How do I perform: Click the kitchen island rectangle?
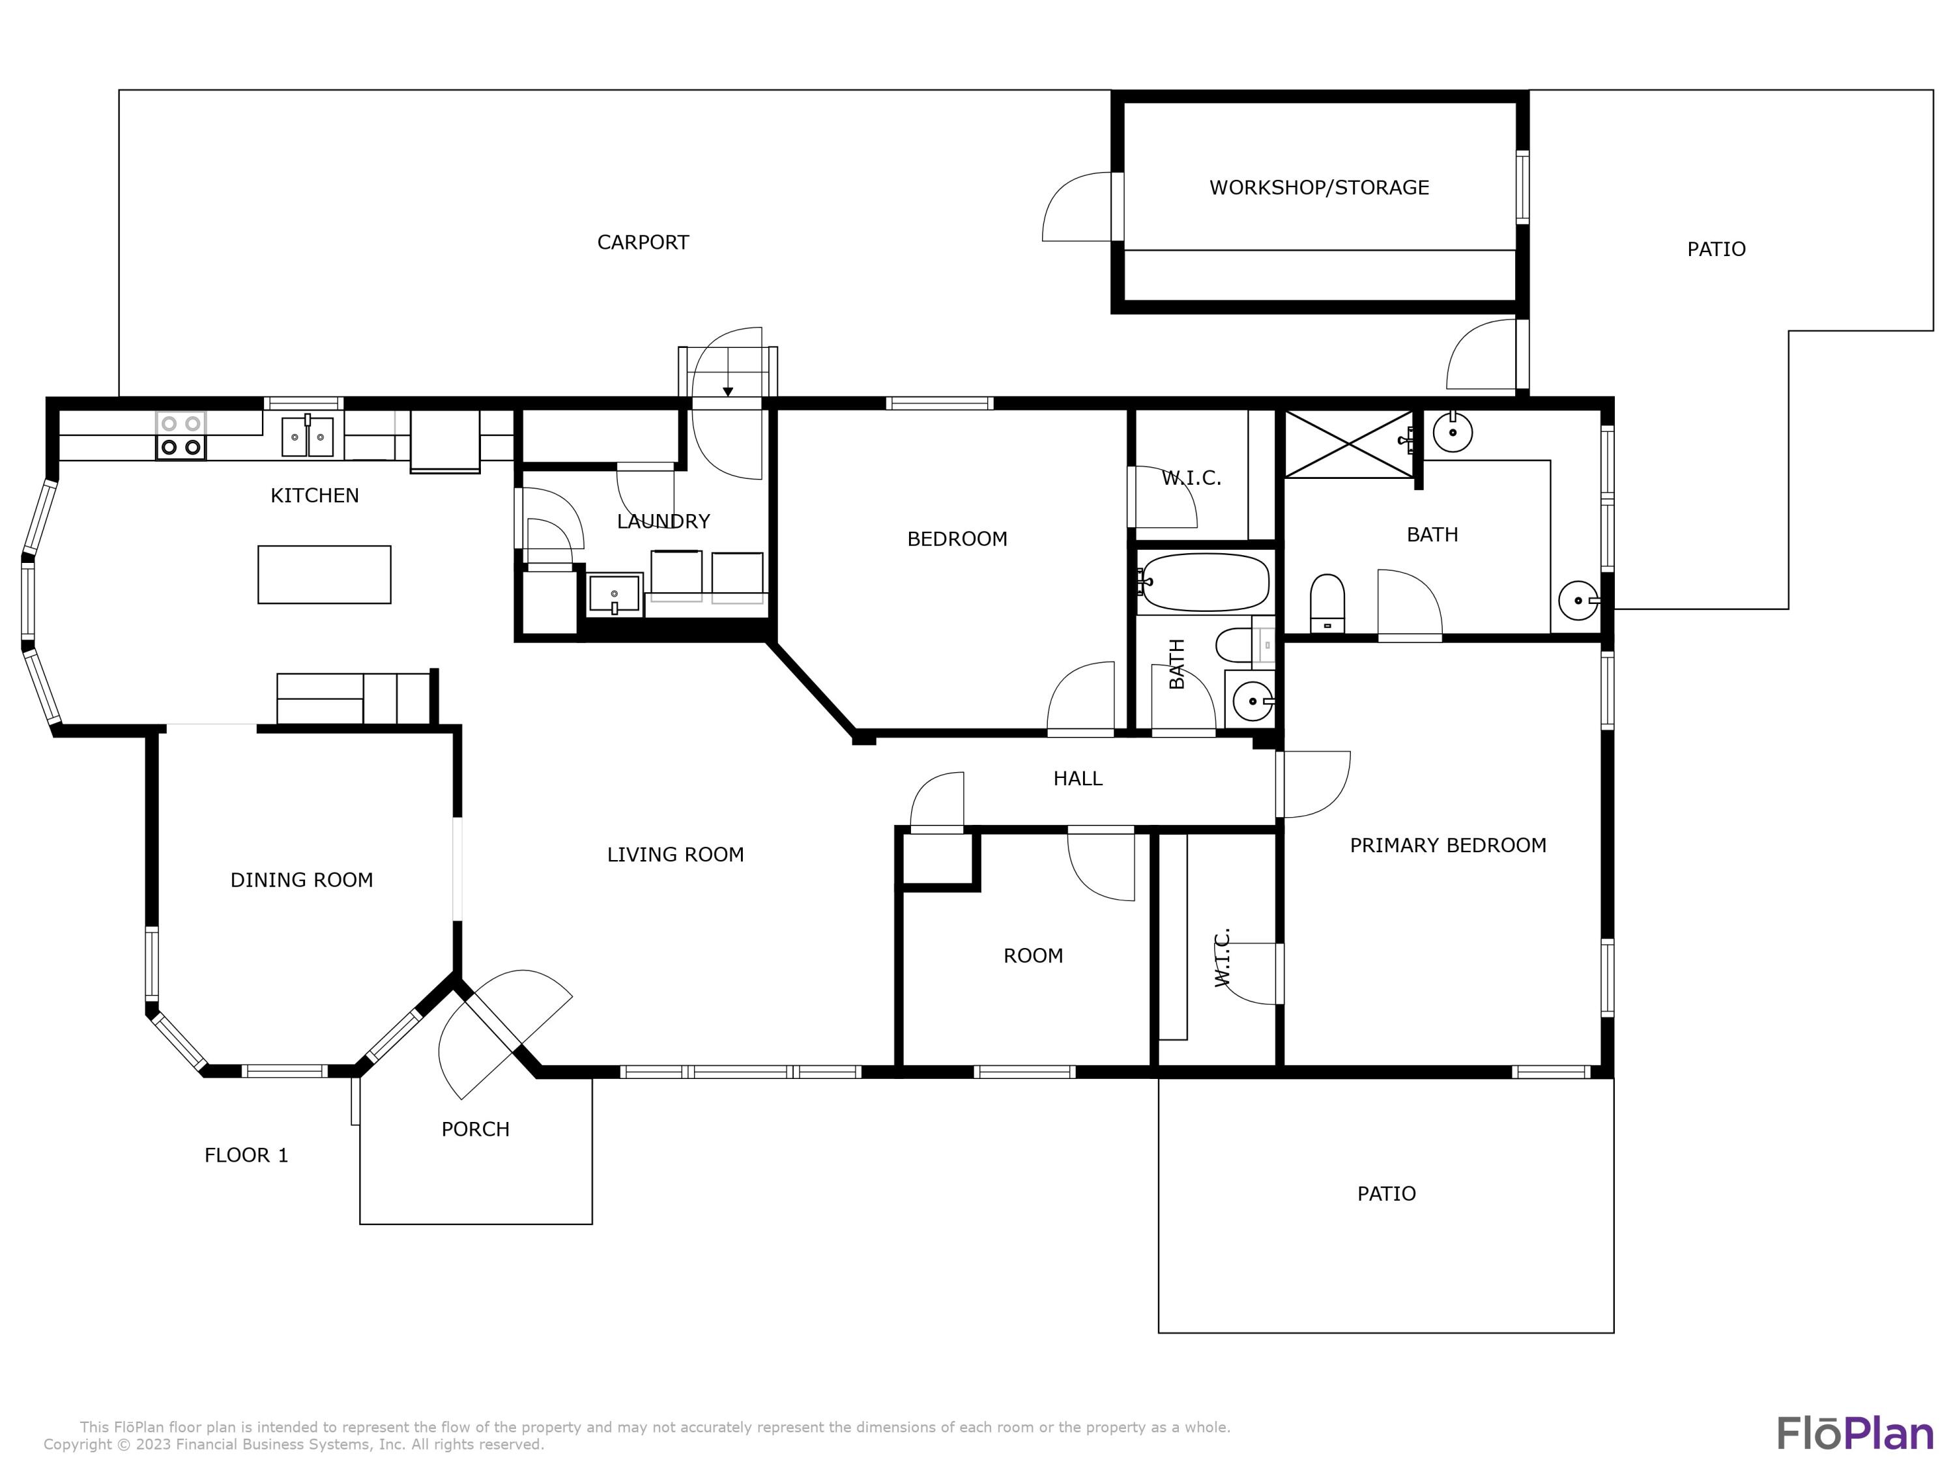(325, 575)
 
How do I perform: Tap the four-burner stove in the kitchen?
(181, 436)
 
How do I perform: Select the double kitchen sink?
(308, 437)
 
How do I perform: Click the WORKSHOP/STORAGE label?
(1319, 188)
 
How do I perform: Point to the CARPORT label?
(643, 242)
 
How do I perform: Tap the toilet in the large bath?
(1327, 603)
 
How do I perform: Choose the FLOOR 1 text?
(246, 1155)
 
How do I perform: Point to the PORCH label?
(476, 1129)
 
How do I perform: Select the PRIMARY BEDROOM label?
(1448, 846)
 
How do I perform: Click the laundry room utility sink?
(615, 594)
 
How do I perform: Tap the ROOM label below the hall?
(1033, 955)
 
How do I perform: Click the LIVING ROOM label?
(675, 854)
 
